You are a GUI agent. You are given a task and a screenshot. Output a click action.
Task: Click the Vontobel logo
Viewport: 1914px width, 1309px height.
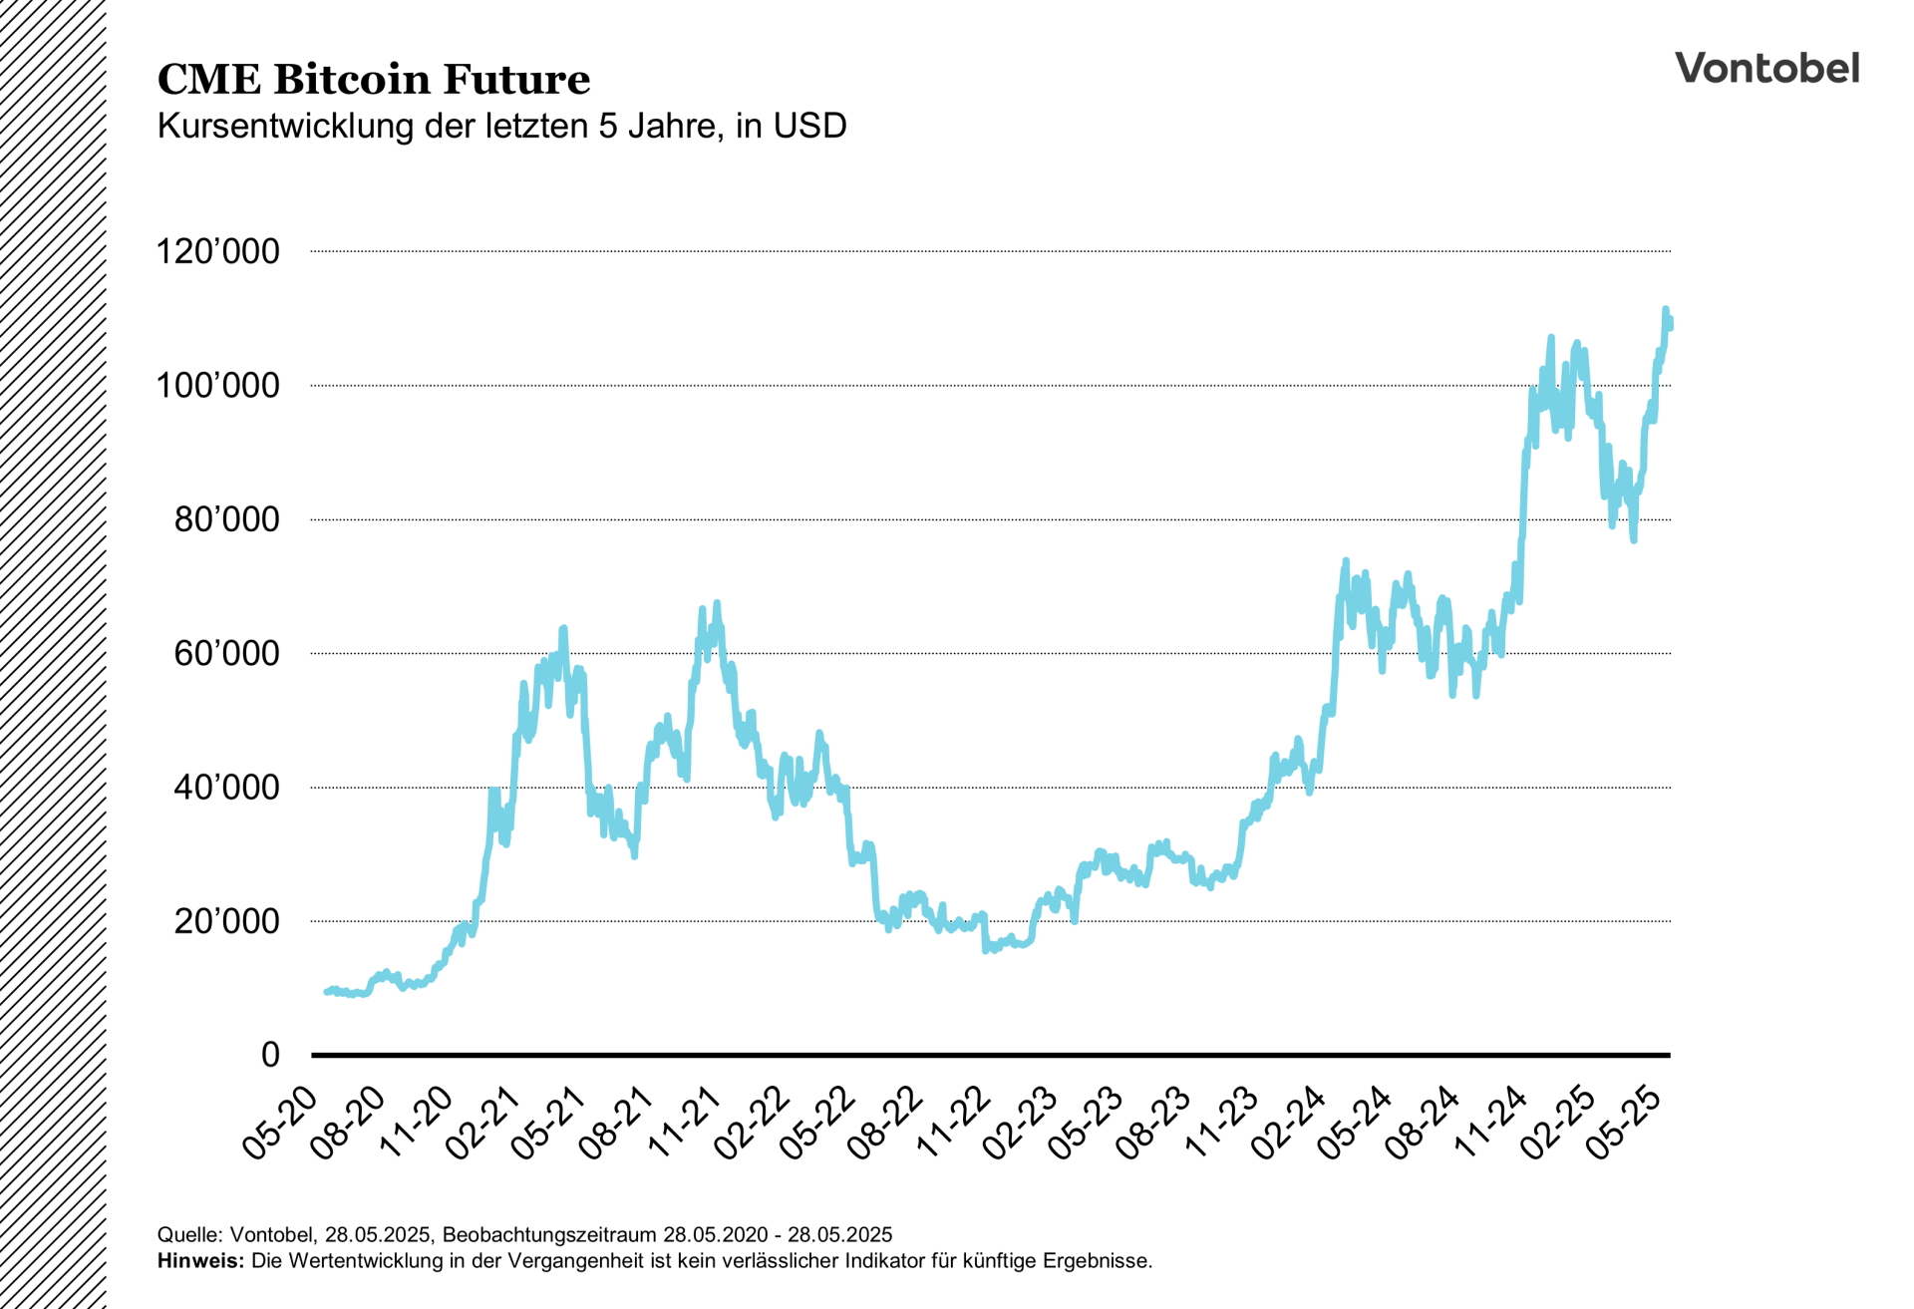[1766, 68]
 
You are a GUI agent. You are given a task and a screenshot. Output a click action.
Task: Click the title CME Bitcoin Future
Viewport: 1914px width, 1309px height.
[374, 80]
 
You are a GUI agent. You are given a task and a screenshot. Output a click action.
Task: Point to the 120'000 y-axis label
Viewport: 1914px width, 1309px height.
[217, 251]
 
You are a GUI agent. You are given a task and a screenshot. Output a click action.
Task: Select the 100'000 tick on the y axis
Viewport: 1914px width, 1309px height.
[217, 386]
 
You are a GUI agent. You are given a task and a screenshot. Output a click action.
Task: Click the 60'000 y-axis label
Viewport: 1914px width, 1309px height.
[226, 654]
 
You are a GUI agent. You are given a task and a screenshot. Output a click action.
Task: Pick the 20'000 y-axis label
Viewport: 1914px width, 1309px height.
[226, 922]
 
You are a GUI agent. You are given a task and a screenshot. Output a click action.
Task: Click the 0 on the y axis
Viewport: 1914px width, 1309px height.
[270, 1055]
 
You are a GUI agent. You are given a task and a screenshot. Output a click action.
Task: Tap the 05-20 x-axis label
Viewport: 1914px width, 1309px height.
[281, 1124]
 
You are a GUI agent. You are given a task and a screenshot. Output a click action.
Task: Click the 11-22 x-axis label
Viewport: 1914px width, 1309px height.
[954, 1124]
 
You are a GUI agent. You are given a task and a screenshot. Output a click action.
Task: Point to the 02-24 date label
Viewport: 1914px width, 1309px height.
[1289, 1124]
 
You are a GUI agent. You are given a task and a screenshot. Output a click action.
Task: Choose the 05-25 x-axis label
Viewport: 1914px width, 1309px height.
[1625, 1124]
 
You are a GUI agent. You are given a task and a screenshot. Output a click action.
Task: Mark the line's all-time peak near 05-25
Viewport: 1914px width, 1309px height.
[1666, 310]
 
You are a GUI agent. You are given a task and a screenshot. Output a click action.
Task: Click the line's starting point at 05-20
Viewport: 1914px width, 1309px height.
[326, 992]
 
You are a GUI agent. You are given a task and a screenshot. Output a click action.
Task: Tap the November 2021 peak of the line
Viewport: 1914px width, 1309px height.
[717, 603]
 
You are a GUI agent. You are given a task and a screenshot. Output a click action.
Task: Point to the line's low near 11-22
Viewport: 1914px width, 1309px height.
[986, 950]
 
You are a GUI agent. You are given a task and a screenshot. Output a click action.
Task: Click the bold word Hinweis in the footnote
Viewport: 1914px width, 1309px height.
[200, 1261]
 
